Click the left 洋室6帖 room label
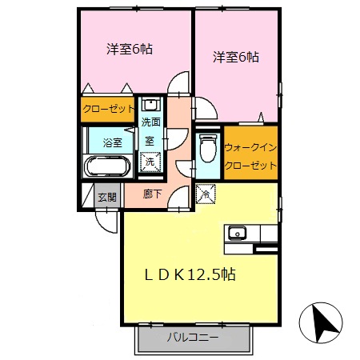[x=130, y=49]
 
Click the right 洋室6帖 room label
[x=236, y=58]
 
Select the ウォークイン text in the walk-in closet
[x=250, y=148]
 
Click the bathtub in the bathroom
[x=106, y=167]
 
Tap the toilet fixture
[x=207, y=149]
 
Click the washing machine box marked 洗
[x=150, y=161]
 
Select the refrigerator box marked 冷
[x=204, y=193]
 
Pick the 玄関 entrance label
[x=106, y=197]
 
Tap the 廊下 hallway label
[x=153, y=194]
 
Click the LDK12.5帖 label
[x=189, y=274]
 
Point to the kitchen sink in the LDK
[x=238, y=234]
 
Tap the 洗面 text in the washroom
[x=150, y=122]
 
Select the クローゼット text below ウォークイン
[x=250, y=166]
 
